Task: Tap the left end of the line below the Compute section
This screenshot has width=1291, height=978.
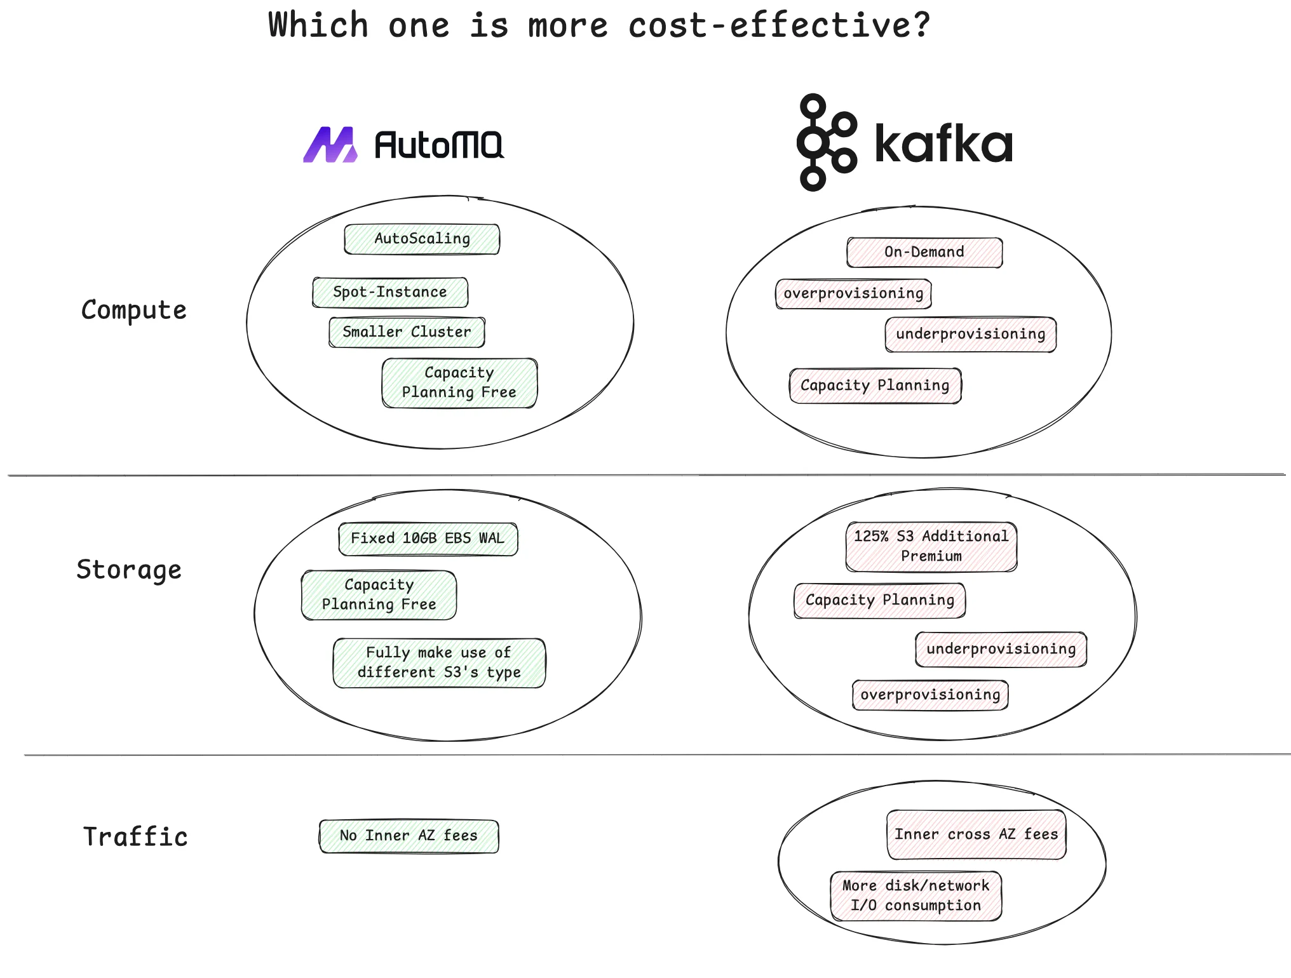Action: (x=8, y=475)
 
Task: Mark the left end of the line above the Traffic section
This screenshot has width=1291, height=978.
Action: (x=25, y=755)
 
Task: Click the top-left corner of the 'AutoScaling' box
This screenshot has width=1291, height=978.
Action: (x=345, y=225)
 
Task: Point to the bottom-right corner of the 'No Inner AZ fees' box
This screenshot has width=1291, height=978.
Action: (x=498, y=852)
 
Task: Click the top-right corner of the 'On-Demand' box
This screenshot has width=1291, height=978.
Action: (x=1002, y=239)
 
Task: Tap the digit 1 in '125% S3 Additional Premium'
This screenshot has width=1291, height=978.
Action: (x=858, y=536)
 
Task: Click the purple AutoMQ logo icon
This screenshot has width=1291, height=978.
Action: (x=330, y=145)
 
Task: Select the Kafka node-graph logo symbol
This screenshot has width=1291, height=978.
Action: (x=827, y=142)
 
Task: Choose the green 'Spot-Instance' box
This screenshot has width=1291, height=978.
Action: (x=390, y=292)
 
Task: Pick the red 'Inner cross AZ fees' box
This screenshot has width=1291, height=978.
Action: (x=977, y=834)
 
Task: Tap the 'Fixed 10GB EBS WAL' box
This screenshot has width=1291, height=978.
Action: (x=428, y=539)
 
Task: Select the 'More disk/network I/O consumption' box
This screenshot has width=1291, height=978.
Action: (x=916, y=895)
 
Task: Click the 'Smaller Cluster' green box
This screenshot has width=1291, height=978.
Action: (x=407, y=332)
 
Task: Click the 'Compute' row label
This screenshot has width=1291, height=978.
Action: (x=134, y=311)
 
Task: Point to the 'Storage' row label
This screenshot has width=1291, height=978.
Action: (x=129, y=570)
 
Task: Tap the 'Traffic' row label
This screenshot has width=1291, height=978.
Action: (x=135, y=836)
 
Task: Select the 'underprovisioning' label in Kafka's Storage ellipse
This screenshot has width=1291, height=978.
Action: (x=1001, y=649)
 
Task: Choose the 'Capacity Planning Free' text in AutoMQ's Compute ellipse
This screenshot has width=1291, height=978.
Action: (x=459, y=382)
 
